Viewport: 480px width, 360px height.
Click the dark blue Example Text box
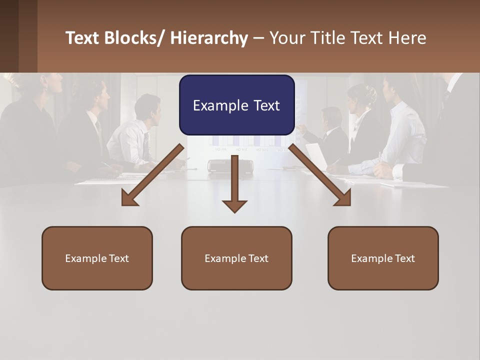236,105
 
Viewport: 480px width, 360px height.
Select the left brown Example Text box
97,258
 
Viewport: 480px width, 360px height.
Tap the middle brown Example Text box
236,258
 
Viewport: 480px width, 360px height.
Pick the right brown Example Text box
383,258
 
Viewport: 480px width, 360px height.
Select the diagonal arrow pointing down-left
153,175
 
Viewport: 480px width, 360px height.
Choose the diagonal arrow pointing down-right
320,175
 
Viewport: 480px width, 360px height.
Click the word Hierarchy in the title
209,38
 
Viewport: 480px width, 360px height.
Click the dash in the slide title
258,38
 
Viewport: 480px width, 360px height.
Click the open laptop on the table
316,156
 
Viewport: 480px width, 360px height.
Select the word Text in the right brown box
404,258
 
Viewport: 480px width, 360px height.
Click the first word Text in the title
83,38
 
